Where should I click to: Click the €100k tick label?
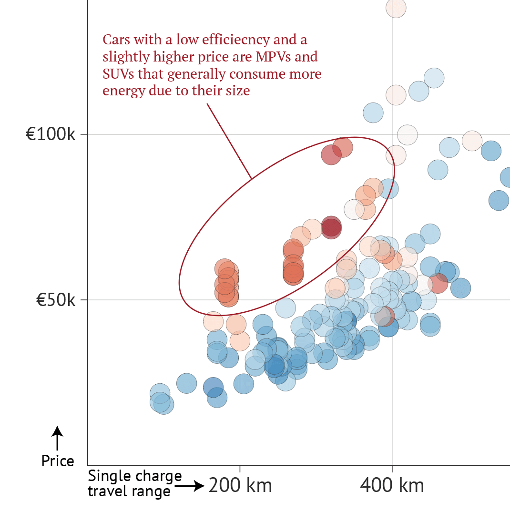(x=51, y=134)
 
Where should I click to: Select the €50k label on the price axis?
(x=56, y=300)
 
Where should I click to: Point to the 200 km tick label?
(x=240, y=486)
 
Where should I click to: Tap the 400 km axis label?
(x=392, y=486)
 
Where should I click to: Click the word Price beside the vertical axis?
(x=58, y=461)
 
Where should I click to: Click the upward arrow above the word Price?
(x=57, y=438)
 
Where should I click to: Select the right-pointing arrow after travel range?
(x=190, y=487)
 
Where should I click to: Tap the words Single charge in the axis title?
(x=135, y=476)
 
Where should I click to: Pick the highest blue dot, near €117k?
(x=434, y=78)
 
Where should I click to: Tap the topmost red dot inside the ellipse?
(x=342, y=147)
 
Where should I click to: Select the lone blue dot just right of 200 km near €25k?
(x=244, y=383)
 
